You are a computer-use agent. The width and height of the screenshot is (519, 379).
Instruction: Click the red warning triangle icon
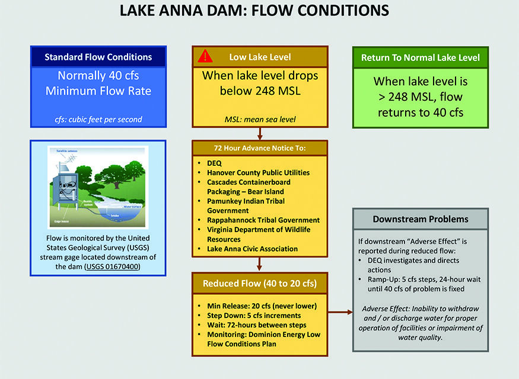click(205, 57)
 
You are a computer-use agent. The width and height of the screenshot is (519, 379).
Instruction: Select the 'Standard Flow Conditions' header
click(98, 57)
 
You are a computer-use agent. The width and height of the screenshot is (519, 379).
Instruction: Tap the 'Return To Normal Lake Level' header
click(420, 58)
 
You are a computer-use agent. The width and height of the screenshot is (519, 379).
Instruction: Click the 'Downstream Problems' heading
click(420, 219)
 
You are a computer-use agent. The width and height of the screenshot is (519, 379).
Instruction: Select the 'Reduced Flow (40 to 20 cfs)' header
click(260, 284)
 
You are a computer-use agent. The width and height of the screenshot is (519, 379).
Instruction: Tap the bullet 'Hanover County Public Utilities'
click(258, 173)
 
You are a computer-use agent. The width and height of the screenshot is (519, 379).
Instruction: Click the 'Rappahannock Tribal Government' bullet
click(263, 220)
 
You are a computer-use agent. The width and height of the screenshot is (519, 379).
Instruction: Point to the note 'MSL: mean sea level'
click(259, 119)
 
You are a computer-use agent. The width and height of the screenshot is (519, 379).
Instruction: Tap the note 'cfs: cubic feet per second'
click(98, 119)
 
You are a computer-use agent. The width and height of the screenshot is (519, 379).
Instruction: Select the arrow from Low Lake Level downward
click(259, 134)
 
